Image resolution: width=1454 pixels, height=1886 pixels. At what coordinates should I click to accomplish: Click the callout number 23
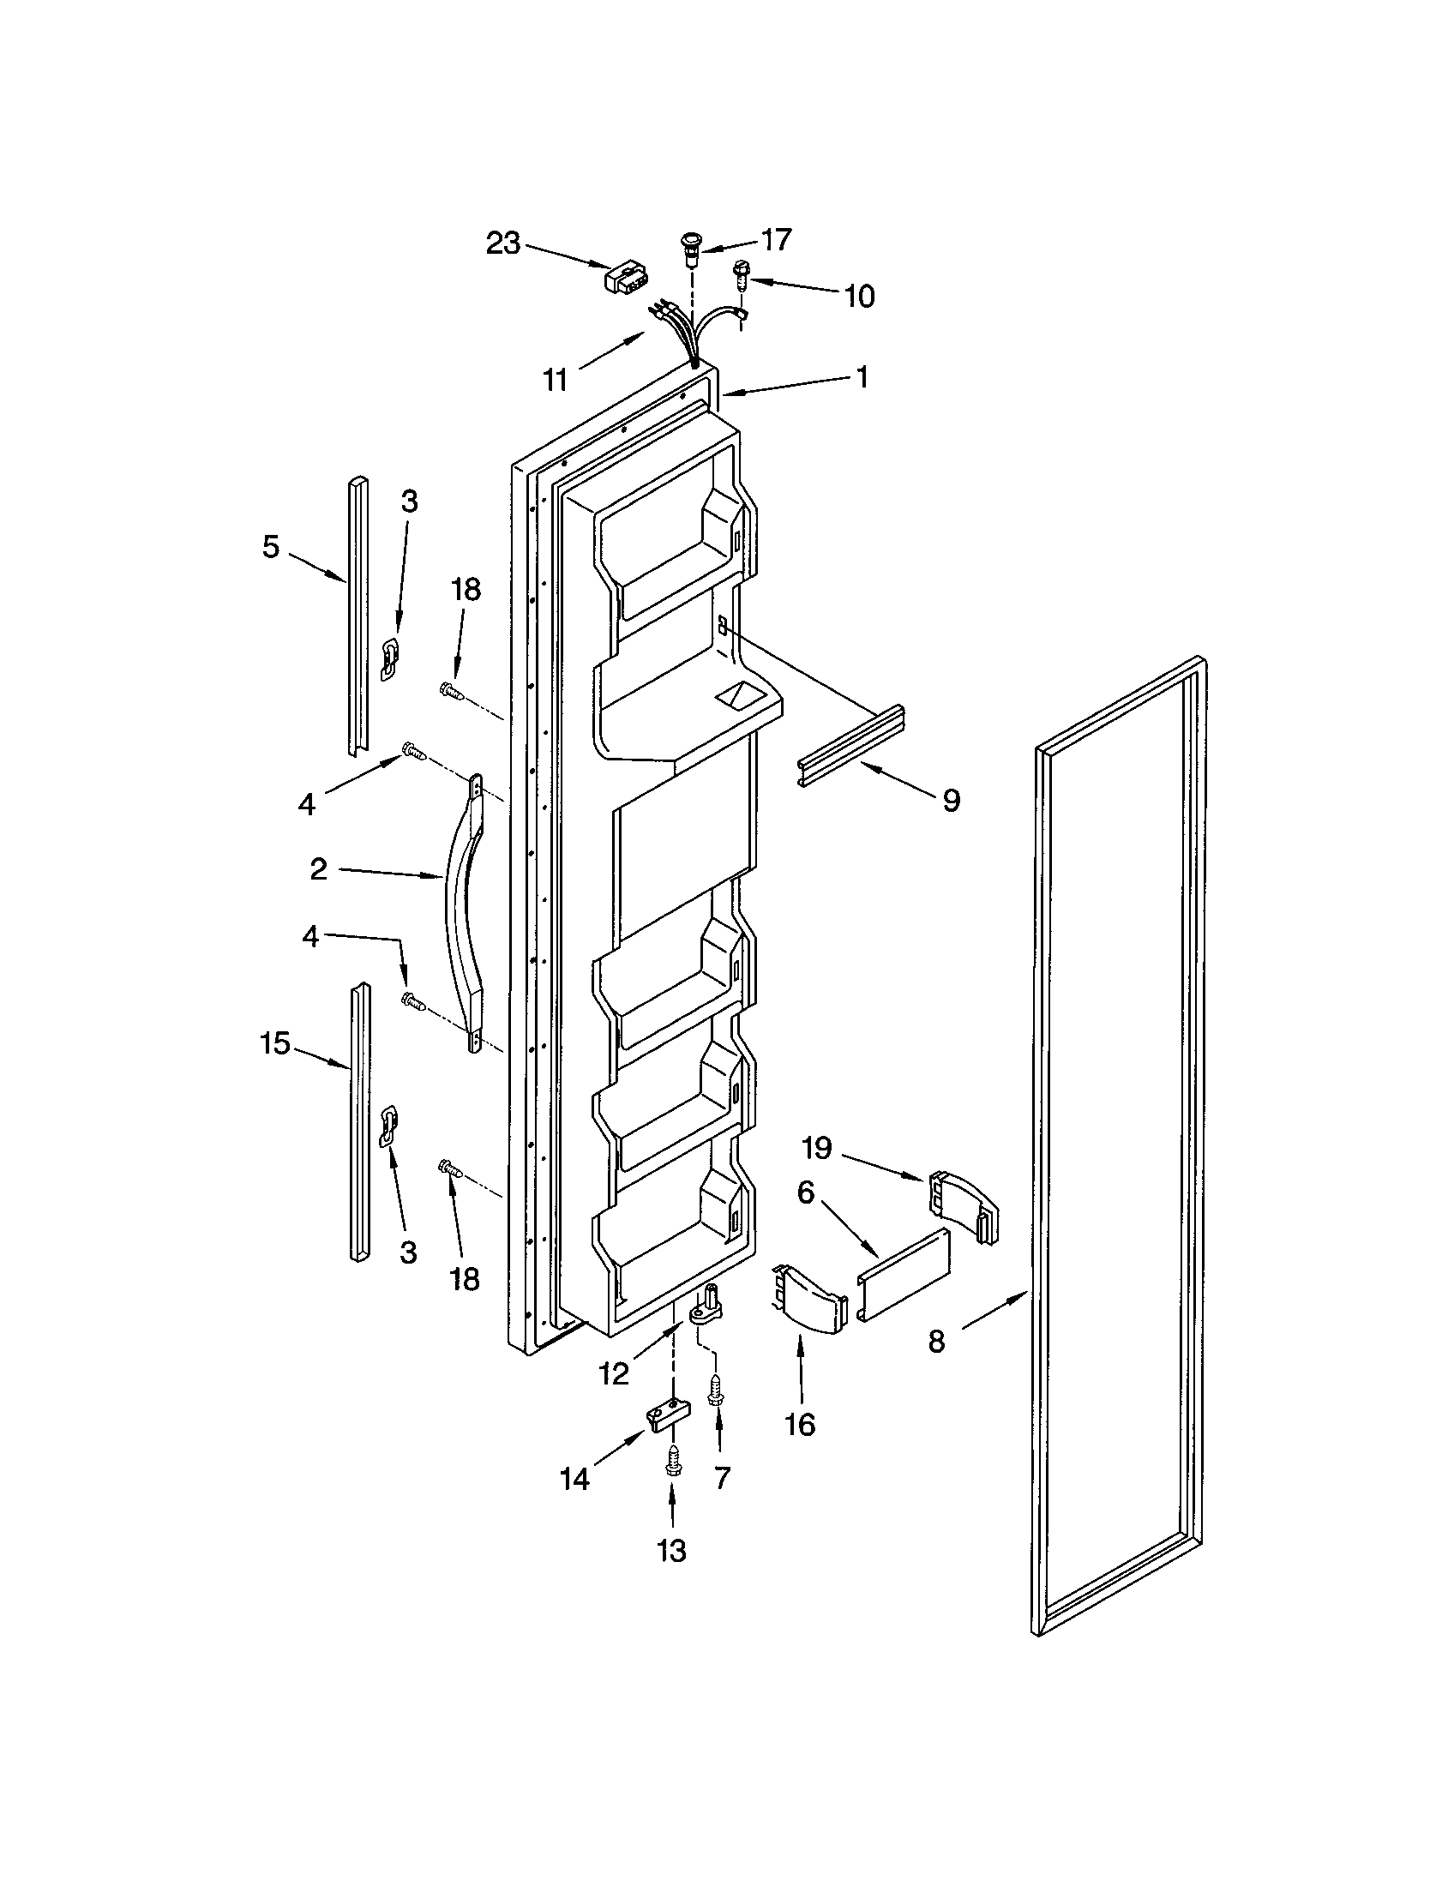pyautogui.click(x=503, y=243)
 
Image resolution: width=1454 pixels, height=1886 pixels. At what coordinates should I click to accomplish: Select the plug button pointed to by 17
pyautogui.click(x=691, y=246)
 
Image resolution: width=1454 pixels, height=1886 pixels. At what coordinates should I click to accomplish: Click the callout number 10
pyautogui.click(x=858, y=297)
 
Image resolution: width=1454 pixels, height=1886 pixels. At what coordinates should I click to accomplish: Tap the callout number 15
pyautogui.click(x=274, y=1043)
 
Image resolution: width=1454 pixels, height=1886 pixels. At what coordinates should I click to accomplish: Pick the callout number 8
pyautogui.click(x=936, y=1341)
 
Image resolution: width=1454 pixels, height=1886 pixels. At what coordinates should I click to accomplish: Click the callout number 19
pyautogui.click(x=816, y=1148)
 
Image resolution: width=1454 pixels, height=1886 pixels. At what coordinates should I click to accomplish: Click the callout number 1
pyautogui.click(x=861, y=376)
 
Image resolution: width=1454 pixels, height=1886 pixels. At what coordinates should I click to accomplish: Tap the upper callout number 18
pyautogui.click(x=466, y=590)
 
